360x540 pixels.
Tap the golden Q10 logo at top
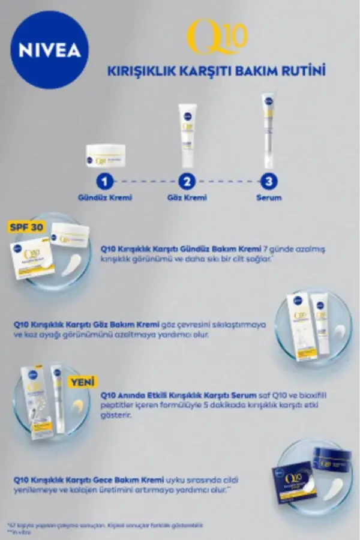click(x=217, y=37)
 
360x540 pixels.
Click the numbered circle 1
click(x=105, y=181)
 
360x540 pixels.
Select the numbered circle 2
click(x=188, y=181)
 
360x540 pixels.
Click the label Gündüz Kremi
click(x=105, y=197)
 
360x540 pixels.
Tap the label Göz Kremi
click(x=188, y=197)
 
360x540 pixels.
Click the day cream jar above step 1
click(x=105, y=155)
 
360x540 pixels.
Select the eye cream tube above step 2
click(x=188, y=135)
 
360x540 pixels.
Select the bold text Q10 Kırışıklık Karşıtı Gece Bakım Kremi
click(x=88, y=479)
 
